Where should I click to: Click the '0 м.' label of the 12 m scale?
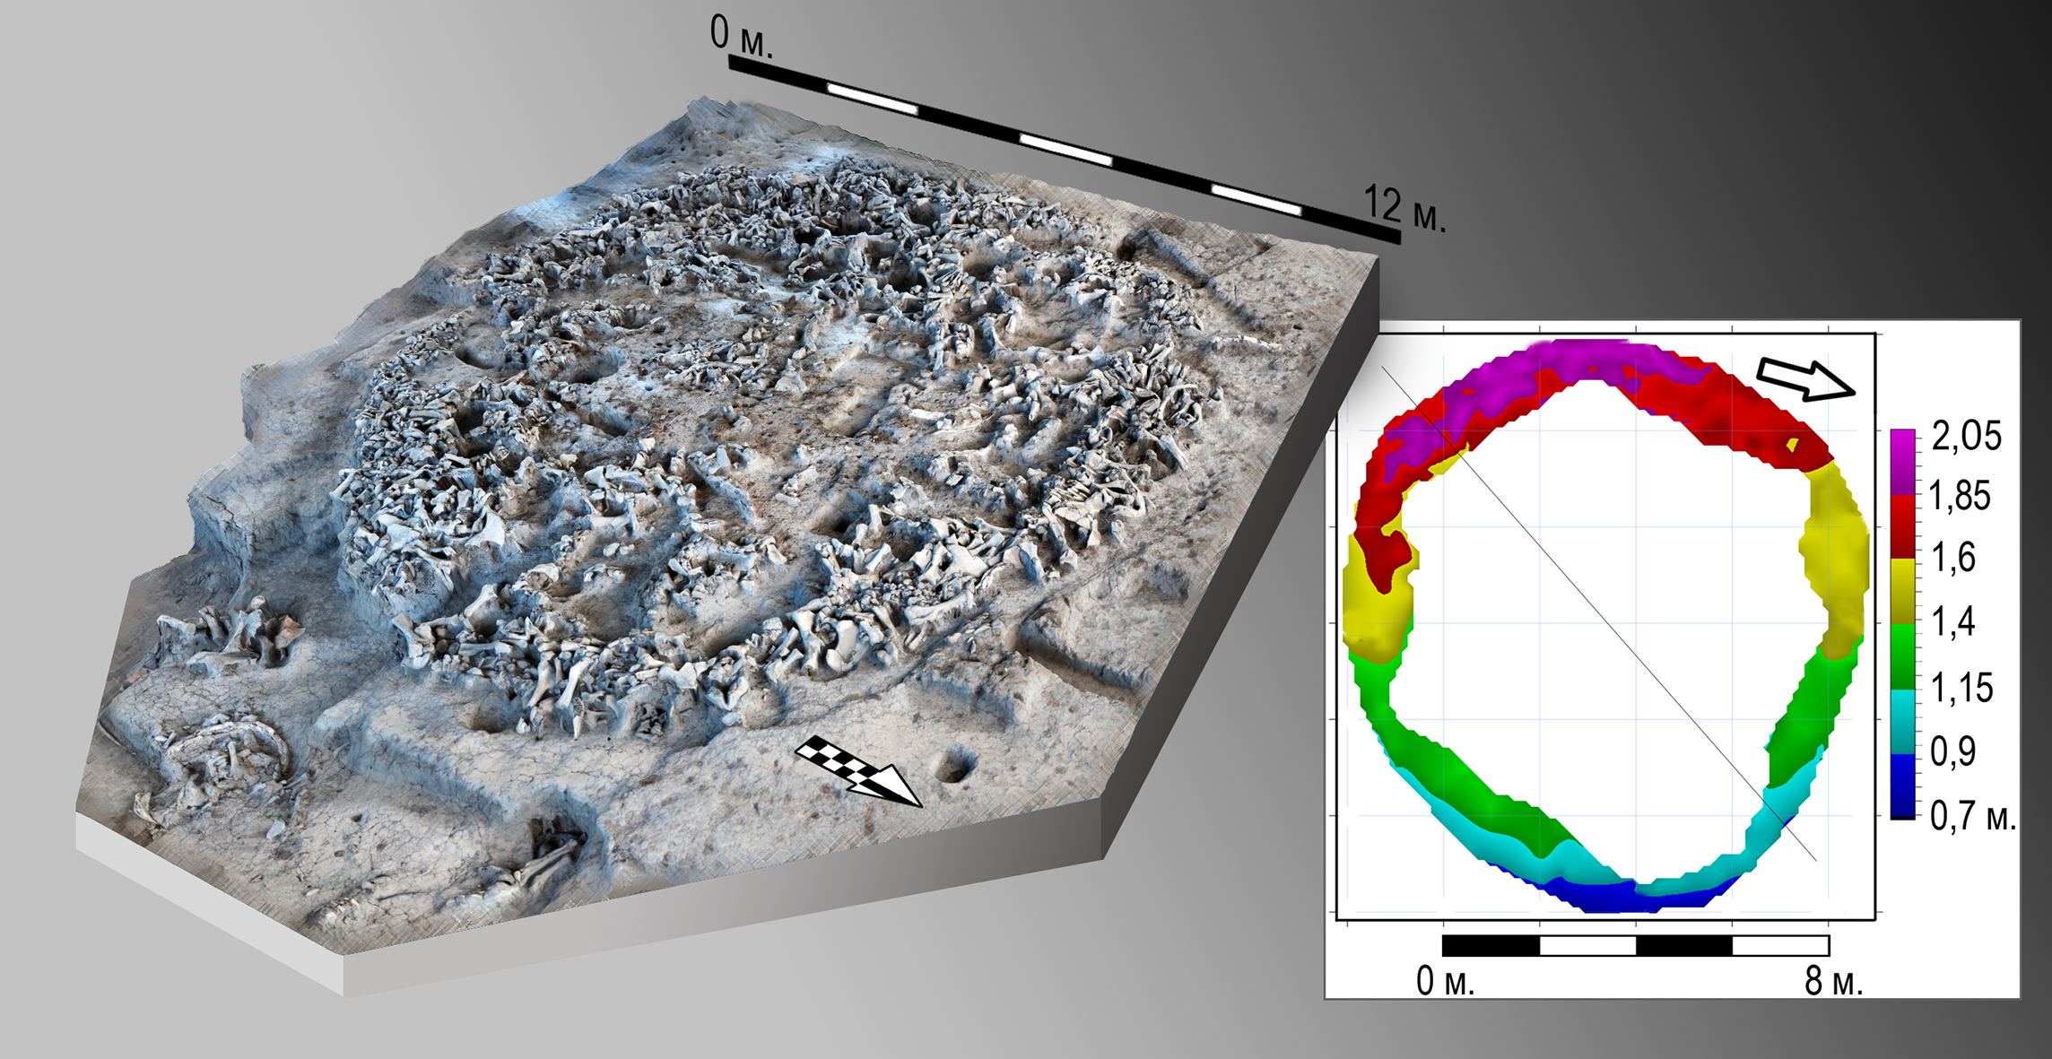click(x=741, y=35)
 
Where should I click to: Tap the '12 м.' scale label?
click(x=1404, y=209)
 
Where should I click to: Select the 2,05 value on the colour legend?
click(x=1966, y=436)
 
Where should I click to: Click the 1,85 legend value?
click(x=1960, y=496)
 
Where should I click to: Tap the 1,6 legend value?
click(x=1953, y=558)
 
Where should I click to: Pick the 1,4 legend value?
click(x=1953, y=621)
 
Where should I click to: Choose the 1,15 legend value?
click(x=1961, y=687)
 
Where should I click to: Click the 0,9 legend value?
click(x=1952, y=751)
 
